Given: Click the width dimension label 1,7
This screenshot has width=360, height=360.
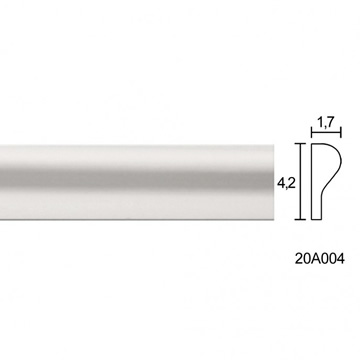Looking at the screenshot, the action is [324, 123].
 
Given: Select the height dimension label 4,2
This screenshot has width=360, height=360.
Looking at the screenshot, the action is [286, 183].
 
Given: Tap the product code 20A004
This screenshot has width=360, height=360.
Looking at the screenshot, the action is [319, 259].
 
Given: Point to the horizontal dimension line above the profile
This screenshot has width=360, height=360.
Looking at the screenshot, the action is [326, 133].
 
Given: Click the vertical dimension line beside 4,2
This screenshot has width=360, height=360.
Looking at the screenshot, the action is [301, 181].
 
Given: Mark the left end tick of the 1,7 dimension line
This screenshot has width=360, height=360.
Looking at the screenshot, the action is [311, 133].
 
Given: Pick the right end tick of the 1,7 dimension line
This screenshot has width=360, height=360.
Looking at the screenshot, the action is [341, 133].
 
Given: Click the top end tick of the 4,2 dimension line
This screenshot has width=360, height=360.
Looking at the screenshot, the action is [301, 144].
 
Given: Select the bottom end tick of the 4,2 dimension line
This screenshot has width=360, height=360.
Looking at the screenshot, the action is [301, 219].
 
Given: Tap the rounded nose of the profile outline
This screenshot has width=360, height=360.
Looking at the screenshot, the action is [340, 158].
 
